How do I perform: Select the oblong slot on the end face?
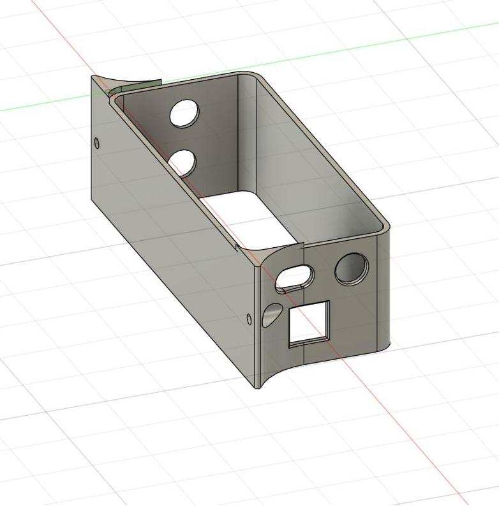(x=295, y=276)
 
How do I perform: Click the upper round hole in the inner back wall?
(x=184, y=113)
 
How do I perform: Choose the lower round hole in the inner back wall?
(x=183, y=162)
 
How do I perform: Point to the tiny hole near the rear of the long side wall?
(x=97, y=142)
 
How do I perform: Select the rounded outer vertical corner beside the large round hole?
(x=382, y=287)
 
